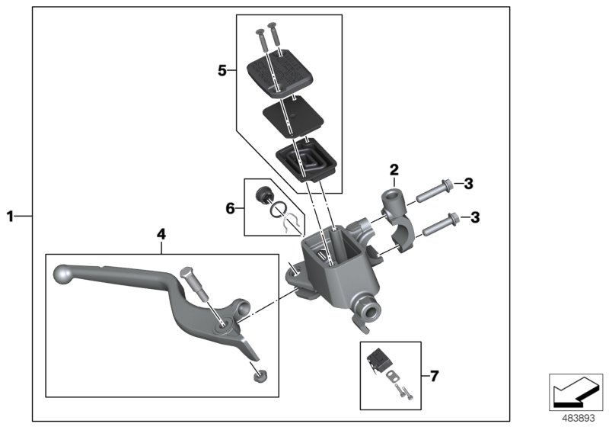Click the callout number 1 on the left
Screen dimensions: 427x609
(11, 217)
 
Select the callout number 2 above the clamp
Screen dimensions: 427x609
(394, 169)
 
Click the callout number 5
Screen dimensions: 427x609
(222, 71)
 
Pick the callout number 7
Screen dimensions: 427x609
(434, 375)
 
